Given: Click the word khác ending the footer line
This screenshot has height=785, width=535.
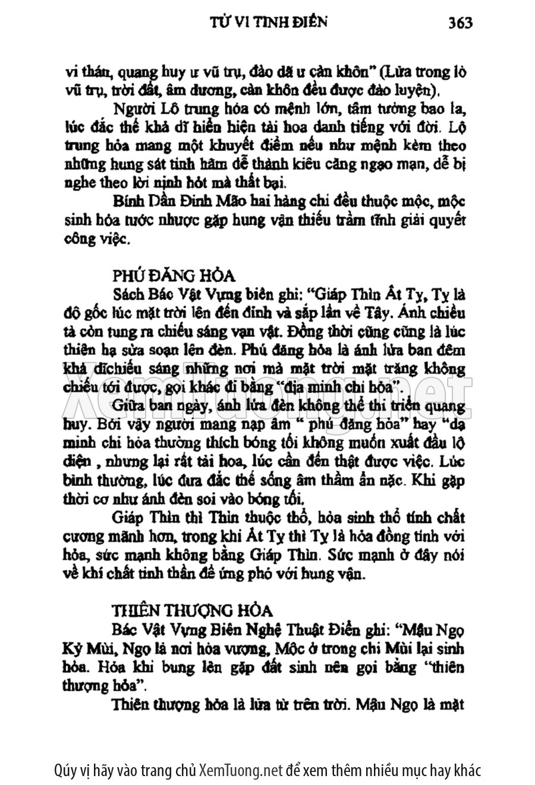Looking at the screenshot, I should (465, 770).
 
